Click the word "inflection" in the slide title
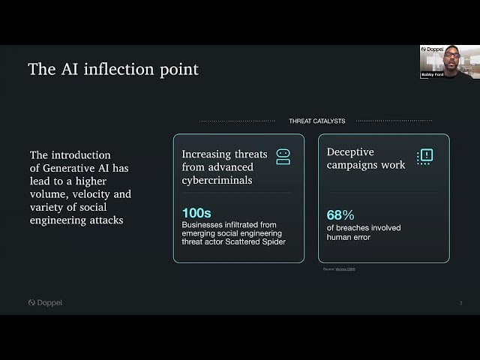[x=116, y=70]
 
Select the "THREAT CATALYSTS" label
[x=316, y=121]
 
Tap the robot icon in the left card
[x=283, y=156]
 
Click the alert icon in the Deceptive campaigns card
[x=425, y=156]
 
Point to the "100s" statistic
[x=196, y=214]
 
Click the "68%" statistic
[x=340, y=215]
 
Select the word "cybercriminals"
[x=217, y=180]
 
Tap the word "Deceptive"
[x=350, y=152]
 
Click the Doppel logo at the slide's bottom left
[x=46, y=303]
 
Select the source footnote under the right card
[x=340, y=268]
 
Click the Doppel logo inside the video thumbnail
[x=433, y=49]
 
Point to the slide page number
[x=460, y=303]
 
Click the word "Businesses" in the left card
[x=204, y=224]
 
